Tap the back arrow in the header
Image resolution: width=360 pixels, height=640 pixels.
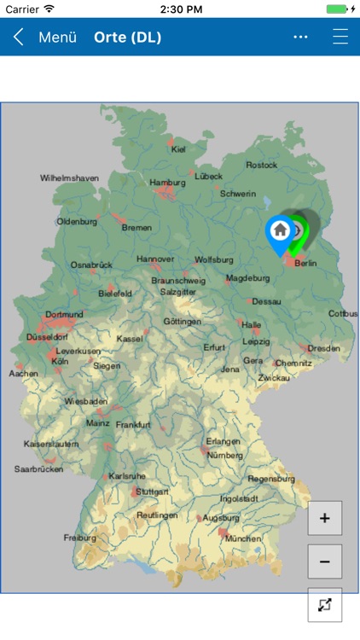[18, 38]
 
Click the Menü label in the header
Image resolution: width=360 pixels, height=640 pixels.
[58, 38]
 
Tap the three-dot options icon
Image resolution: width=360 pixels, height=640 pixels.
[300, 38]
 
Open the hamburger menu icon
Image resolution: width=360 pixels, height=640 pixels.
[340, 38]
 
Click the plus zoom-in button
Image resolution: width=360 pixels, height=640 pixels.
[324, 518]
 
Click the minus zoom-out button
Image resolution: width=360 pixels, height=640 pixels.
[324, 561]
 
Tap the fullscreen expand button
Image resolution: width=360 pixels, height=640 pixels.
[324, 605]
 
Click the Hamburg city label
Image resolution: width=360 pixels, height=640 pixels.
[167, 183]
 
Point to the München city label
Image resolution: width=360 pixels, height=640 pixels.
[243, 539]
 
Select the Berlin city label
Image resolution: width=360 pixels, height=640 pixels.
[305, 264]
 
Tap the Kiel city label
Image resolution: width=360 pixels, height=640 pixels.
[178, 149]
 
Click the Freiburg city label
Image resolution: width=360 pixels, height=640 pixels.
[80, 538]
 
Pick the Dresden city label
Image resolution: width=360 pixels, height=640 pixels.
[323, 348]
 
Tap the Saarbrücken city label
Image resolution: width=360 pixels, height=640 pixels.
[39, 469]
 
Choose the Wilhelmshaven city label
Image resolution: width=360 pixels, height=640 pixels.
[69, 178]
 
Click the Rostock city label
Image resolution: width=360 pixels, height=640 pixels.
[261, 165]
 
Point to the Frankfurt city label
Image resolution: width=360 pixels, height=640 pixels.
[133, 425]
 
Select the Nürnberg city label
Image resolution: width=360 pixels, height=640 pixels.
[225, 455]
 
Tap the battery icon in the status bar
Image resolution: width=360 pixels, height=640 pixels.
[340, 9]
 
